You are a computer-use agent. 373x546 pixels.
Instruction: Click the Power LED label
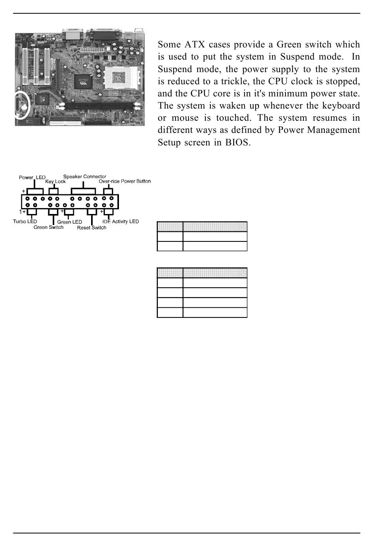click(x=32, y=178)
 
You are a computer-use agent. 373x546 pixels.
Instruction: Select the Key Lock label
click(x=55, y=182)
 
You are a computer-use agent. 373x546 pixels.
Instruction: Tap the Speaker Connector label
click(x=85, y=177)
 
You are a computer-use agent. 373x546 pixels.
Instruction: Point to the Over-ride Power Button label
click(x=124, y=181)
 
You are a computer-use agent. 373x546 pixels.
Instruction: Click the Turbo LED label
click(x=25, y=222)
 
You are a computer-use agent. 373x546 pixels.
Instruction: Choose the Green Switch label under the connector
click(x=48, y=227)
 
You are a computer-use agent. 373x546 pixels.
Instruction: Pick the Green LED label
click(x=69, y=222)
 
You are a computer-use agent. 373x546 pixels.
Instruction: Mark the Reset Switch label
click(x=91, y=228)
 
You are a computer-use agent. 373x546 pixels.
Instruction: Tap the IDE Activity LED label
click(x=121, y=222)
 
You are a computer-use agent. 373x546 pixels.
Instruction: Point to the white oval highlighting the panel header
click(x=20, y=105)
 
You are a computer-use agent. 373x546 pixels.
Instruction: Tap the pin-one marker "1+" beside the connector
click(x=22, y=212)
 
